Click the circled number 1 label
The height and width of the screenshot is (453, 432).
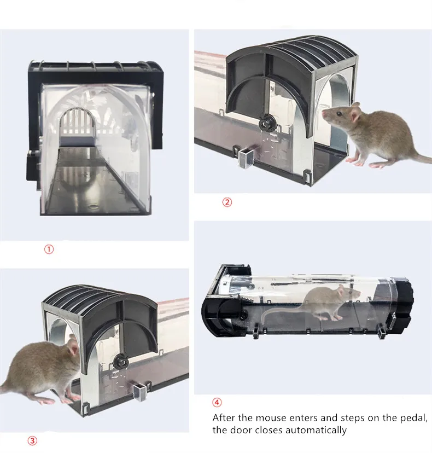pos(49,249)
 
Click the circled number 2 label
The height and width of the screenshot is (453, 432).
pos(227,202)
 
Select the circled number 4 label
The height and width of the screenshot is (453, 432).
pos(217,403)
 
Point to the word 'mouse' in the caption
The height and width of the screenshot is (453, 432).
pos(265,418)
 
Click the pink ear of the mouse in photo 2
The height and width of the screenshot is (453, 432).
pos(355,114)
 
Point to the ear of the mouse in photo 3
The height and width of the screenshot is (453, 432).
pos(72,347)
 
